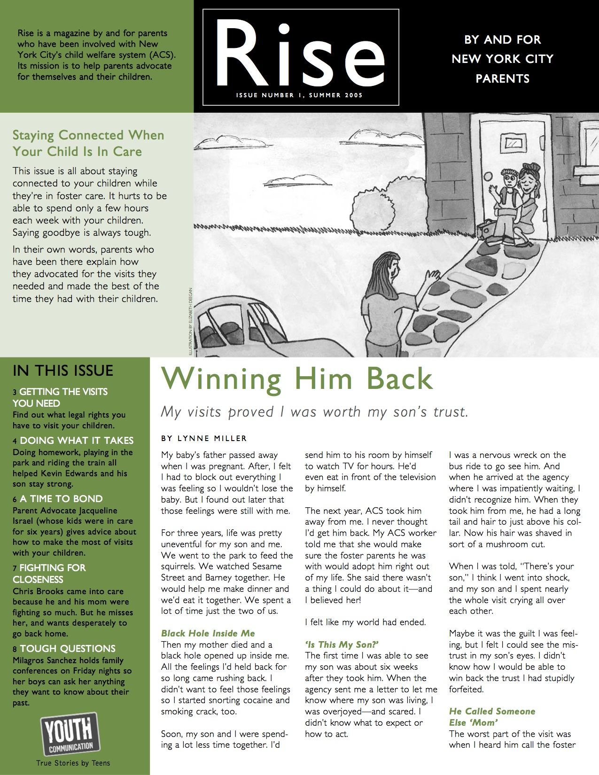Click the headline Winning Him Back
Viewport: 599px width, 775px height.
click(296, 379)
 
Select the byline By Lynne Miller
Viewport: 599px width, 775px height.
click(204, 438)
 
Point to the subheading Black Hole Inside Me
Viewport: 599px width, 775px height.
click(208, 633)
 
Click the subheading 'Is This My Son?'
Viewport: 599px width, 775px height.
click(342, 644)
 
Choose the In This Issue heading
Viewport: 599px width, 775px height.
click(63, 371)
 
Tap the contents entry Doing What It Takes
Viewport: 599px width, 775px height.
click(77, 441)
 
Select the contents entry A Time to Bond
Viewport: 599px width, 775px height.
click(61, 499)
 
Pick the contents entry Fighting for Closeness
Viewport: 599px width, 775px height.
click(49, 573)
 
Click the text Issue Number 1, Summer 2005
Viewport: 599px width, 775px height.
click(300, 95)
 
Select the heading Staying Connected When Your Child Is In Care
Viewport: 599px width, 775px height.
click(88, 143)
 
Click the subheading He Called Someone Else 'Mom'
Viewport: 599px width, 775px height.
click(492, 717)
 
